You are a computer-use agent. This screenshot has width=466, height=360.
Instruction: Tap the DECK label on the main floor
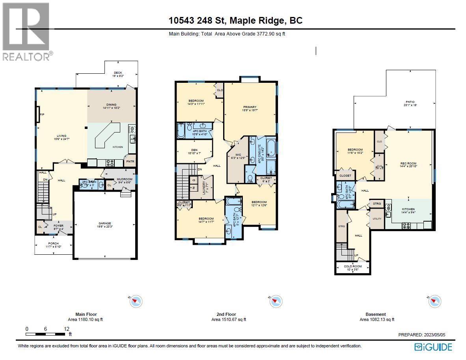118,73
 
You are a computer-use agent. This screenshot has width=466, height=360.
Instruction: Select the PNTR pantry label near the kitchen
130,162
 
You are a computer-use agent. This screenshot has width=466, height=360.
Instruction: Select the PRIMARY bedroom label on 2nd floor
250,107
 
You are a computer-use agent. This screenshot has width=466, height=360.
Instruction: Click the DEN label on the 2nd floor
194,150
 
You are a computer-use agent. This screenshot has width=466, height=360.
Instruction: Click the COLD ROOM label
352,266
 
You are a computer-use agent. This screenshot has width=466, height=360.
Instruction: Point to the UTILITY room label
377,218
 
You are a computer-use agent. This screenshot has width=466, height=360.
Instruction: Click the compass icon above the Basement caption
434,301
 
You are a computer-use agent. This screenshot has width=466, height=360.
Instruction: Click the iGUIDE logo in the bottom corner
433,347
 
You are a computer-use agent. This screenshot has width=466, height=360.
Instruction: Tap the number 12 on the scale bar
67,329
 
